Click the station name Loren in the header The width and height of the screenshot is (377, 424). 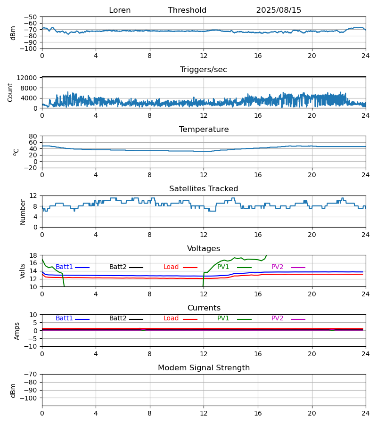pos(120,10)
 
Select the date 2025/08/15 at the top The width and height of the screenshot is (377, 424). pos(279,10)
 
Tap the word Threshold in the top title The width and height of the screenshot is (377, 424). pos(187,10)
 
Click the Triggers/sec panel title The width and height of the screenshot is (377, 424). pos(204,70)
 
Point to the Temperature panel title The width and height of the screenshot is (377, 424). pos(204,130)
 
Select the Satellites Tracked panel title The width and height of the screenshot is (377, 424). pos(204,189)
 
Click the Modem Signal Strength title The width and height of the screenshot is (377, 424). pos(204,368)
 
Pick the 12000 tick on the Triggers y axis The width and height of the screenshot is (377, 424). pos(29,78)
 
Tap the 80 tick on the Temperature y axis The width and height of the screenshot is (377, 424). pos(33,136)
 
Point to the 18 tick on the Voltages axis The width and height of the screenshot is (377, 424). pos(33,255)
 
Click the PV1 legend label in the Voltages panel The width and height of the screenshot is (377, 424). pos(223,267)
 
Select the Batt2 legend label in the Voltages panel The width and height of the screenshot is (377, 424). pos(118,267)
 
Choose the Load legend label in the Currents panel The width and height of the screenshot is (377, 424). pos(171,318)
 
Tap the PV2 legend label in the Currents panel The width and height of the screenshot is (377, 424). pos(277,318)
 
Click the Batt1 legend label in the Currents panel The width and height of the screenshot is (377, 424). pos(64,318)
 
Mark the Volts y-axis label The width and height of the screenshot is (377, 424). pos(23,271)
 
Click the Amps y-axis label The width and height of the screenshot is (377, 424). pos(17,331)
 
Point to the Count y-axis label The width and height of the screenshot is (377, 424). pos(10,92)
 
